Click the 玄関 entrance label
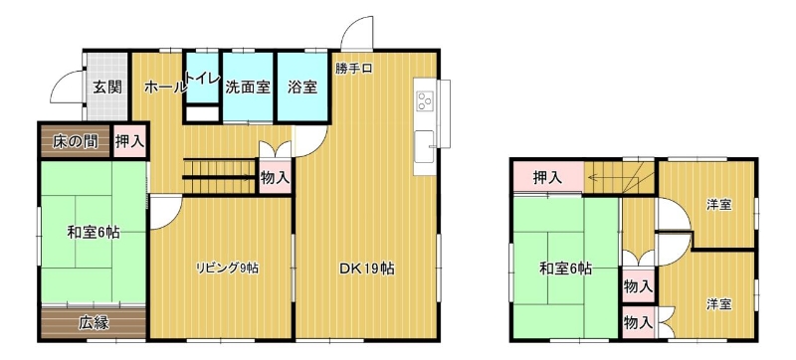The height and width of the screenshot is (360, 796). click(x=107, y=88)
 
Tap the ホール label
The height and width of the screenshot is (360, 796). click(x=164, y=88)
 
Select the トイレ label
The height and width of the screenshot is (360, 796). click(x=203, y=79)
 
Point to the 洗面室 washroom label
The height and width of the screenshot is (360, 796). click(x=247, y=88)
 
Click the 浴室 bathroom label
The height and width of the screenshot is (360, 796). click(x=302, y=88)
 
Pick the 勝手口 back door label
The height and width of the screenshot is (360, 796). click(x=354, y=70)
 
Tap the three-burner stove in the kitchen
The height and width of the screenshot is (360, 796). click(x=425, y=101)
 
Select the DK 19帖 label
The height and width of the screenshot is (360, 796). click(x=366, y=270)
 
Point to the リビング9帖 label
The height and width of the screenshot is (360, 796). click(x=228, y=269)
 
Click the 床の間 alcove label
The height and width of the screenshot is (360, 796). click(x=76, y=142)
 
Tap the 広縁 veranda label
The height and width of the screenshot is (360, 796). click(x=94, y=323)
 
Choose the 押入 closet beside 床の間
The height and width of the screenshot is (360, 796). click(x=129, y=141)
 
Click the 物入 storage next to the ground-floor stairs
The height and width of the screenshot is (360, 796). click(x=276, y=176)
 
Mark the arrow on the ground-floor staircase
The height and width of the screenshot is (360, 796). click(x=218, y=177)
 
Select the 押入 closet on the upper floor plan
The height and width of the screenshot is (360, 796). click(x=547, y=177)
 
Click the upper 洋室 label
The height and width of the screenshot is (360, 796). click(x=718, y=205)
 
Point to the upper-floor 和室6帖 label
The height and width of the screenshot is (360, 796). click(x=565, y=270)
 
